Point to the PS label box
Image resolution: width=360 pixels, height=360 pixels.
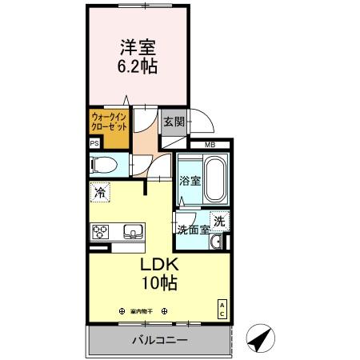94,144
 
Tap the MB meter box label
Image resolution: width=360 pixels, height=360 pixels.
210,145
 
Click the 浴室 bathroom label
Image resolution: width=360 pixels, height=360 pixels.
189,181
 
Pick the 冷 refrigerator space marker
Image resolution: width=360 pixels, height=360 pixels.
100,192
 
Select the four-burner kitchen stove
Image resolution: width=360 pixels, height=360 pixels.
101,233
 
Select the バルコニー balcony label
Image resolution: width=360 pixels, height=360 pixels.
160,340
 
